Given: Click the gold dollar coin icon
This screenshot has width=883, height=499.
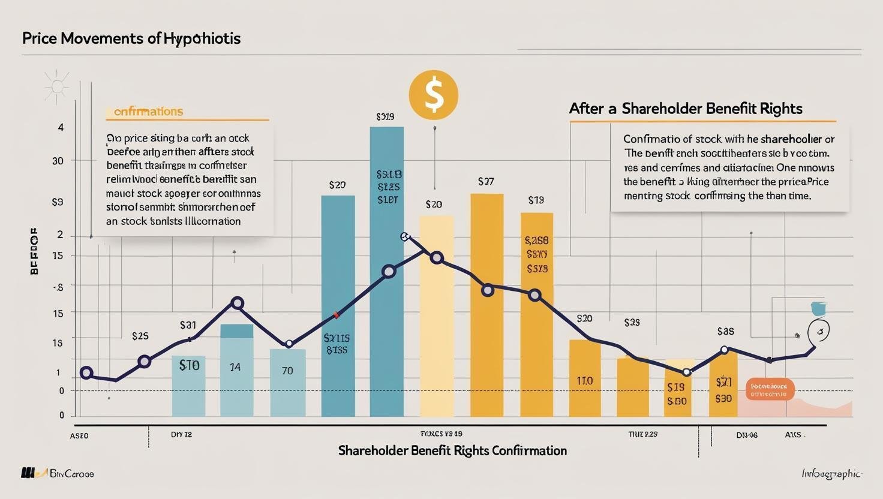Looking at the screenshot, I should pyautogui.click(x=433, y=95).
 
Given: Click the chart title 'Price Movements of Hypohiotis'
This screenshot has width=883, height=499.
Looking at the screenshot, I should pyautogui.click(x=131, y=38).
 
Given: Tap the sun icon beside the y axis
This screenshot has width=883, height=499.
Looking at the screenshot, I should pyautogui.click(x=57, y=86).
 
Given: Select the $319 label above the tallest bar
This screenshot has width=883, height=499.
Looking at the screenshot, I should pyautogui.click(x=385, y=117).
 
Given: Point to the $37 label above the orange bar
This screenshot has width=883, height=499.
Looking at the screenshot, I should pyautogui.click(x=485, y=181).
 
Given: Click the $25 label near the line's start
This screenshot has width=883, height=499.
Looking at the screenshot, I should pyautogui.click(x=140, y=336).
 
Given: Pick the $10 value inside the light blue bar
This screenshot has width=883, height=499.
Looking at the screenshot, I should pyautogui.click(x=189, y=365).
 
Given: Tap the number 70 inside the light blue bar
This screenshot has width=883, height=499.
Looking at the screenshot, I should pyautogui.click(x=287, y=371).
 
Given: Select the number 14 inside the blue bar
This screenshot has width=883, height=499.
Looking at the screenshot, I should pyautogui.click(x=235, y=366).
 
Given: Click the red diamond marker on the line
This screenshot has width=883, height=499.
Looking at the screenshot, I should pyautogui.click(x=336, y=315).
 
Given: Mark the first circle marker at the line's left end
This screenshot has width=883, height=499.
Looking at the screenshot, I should pyautogui.click(x=86, y=373).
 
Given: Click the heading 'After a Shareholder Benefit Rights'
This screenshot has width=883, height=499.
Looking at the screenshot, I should pyautogui.click(x=685, y=109).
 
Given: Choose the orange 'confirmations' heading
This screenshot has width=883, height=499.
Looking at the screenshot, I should pyautogui.click(x=148, y=112).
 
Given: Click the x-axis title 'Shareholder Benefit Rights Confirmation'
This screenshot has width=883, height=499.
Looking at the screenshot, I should pyautogui.click(x=452, y=450).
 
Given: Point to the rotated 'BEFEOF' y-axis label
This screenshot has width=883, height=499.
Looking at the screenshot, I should pyautogui.click(x=34, y=251).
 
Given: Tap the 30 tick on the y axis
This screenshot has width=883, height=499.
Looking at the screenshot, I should pyautogui.click(x=58, y=161).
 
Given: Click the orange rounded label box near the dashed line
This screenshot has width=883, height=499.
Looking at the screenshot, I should pyautogui.click(x=769, y=389).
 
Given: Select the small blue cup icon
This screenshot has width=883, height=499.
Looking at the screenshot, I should pyautogui.click(x=818, y=308).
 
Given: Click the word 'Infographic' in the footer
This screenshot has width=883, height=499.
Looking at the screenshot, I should pyautogui.click(x=831, y=474).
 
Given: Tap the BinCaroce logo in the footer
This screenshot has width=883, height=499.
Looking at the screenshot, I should pyautogui.click(x=58, y=473).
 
